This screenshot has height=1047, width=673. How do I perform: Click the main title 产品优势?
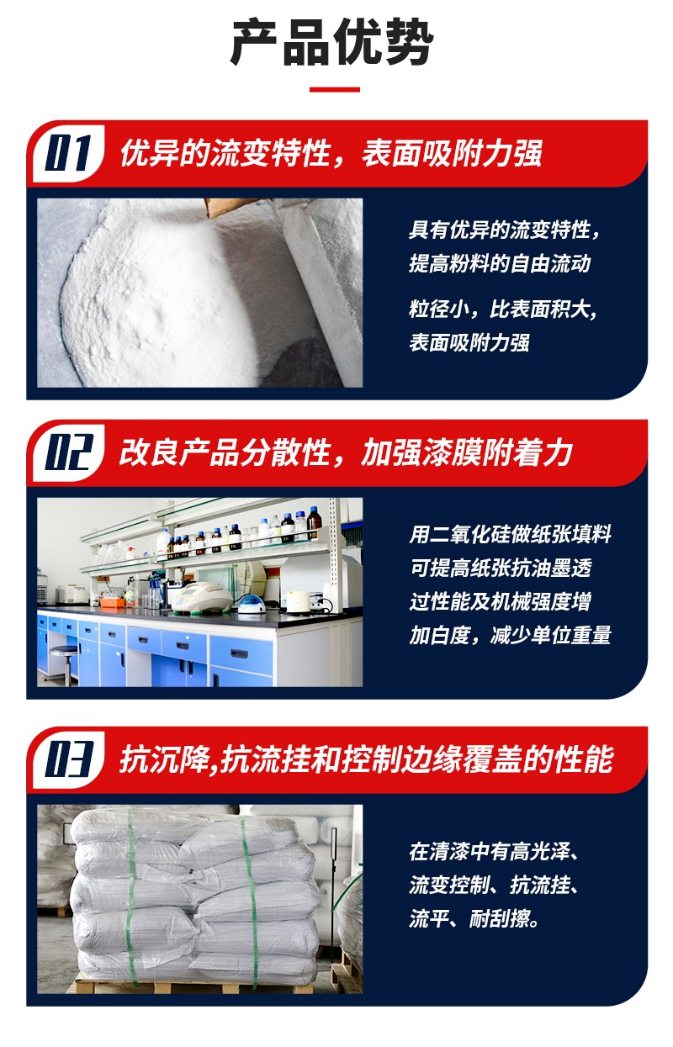click(x=332, y=43)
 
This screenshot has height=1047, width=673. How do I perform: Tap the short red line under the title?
click(x=334, y=89)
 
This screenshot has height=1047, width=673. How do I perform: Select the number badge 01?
click(x=68, y=153)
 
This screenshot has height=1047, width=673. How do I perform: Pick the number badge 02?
click(x=69, y=452)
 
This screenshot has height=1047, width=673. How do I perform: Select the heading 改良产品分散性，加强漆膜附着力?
click(x=346, y=452)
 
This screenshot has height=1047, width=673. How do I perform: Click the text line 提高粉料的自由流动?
click(x=500, y=264)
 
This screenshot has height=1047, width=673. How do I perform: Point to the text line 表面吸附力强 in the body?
click(x=469, y=342)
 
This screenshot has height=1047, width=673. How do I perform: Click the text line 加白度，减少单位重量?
click(x=511, y=636)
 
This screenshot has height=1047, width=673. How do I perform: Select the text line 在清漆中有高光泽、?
click(x=495, y=853)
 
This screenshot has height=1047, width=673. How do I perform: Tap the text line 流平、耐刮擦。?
click(x=474, y=920)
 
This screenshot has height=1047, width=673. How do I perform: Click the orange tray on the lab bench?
click(x=113, y=603)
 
